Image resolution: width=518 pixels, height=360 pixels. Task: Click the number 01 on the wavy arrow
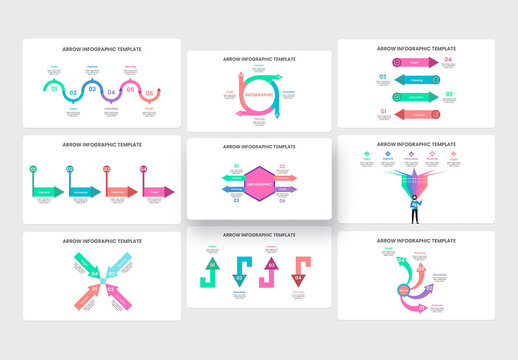53,90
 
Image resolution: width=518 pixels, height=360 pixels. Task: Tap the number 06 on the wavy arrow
149,94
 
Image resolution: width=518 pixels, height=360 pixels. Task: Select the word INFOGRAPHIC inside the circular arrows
259,94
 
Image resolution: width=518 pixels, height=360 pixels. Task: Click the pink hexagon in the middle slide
259,186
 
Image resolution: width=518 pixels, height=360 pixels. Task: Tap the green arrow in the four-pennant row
46,190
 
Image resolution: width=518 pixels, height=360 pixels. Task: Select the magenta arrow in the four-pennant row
157,190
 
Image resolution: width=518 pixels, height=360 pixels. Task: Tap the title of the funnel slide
415,144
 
